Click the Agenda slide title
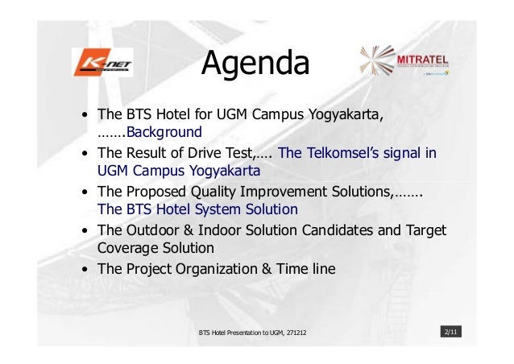255,64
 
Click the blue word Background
164,131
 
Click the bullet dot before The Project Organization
84,269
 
